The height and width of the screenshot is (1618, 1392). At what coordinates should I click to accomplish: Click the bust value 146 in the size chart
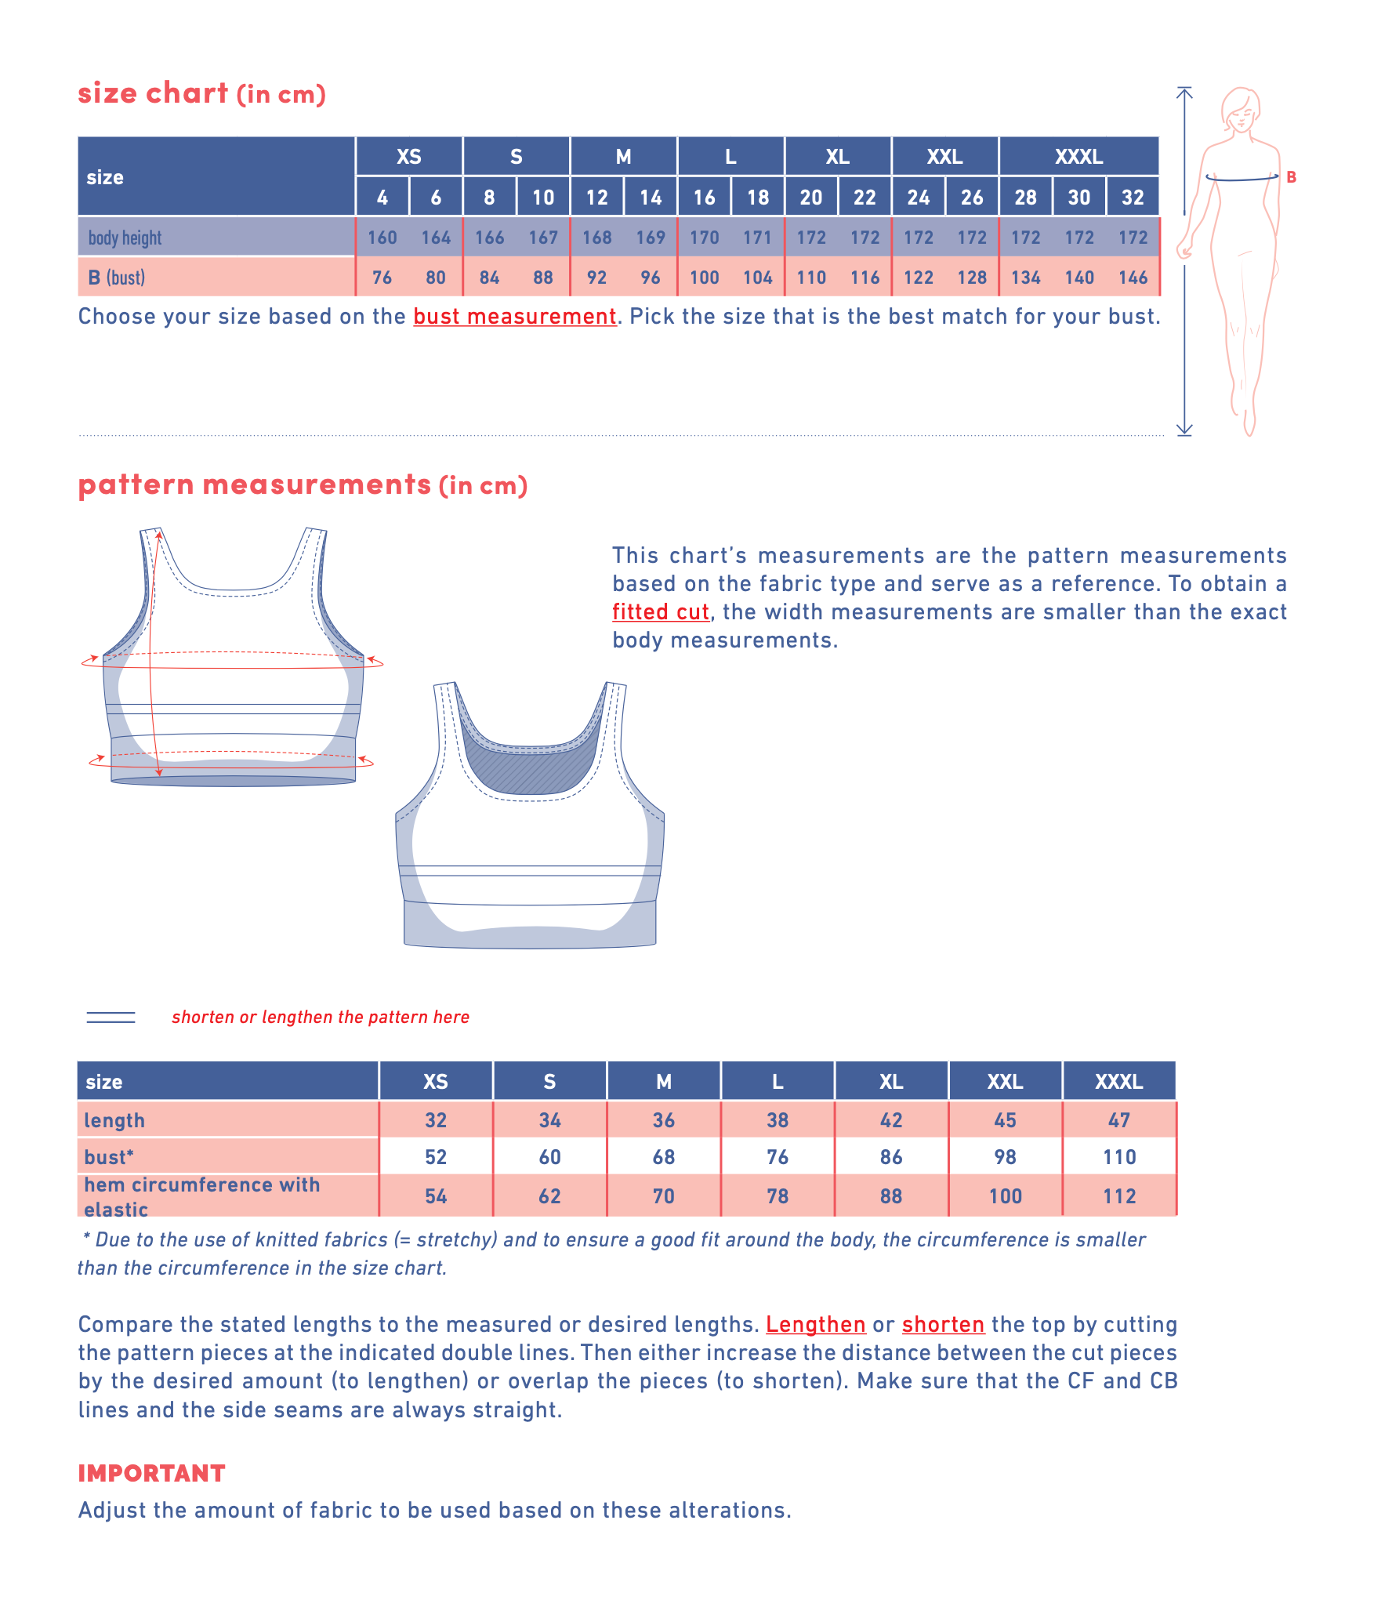coord(1133,278)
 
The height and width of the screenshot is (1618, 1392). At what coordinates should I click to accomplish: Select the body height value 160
coord(382,238)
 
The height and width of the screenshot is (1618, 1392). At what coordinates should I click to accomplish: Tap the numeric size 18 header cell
coord(757,198)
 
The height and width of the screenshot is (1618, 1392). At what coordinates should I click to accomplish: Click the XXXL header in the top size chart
coord(1078,157)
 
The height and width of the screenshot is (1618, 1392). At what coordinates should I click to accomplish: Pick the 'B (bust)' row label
coord(117,278)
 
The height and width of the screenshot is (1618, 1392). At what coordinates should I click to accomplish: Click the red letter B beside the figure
coord(1291,177)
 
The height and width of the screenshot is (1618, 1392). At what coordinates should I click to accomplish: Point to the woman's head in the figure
coord(1241,110)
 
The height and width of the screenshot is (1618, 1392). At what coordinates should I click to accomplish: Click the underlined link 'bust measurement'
coord(515,317)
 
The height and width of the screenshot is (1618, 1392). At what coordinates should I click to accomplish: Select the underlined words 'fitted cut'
coord(660,612)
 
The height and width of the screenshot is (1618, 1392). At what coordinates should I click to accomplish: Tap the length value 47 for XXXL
coord(1118,1120)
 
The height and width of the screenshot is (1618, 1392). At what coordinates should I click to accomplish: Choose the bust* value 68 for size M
coord(663,1157)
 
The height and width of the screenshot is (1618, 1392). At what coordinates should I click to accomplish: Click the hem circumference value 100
coord(1005,1196)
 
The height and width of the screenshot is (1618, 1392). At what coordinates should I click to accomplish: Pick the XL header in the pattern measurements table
coord(891,1082)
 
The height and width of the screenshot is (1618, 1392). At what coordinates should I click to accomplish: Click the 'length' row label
coord(114,1120)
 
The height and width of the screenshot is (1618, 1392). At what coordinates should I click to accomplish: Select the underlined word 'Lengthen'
coord(815,1325)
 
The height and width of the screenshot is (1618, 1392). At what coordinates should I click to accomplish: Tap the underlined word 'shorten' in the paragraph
coord(943,1325)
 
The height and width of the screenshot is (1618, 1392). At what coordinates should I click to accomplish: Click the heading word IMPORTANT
coord(151,1474)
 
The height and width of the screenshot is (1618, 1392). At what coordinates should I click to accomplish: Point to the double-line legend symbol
coord(111,1018)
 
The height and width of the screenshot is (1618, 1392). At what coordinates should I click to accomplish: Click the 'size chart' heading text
coord(153,93)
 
